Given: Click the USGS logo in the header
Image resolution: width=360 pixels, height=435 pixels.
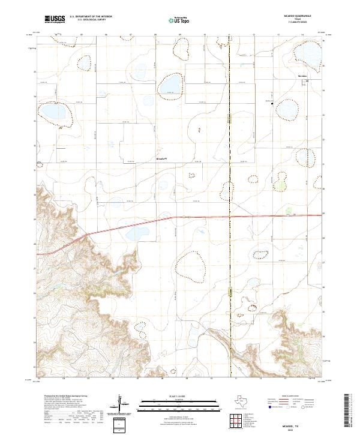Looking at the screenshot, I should tap(55, 20).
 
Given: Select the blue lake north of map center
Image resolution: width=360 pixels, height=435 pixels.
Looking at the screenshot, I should tap(171, 86).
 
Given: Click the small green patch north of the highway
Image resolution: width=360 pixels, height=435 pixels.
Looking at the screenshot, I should tap(290, 211).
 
